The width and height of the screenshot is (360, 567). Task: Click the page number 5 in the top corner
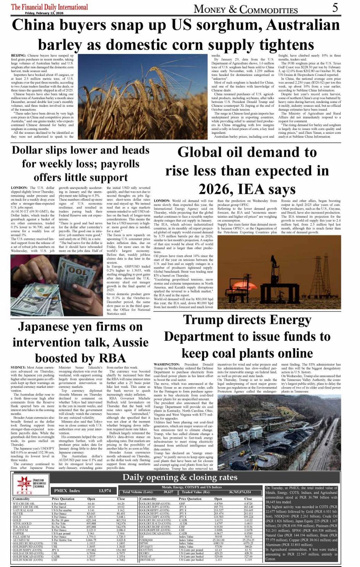coord(335,8)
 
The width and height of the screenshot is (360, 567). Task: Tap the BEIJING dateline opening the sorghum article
coord(18,56)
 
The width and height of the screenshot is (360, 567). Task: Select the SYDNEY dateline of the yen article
coord(18,367)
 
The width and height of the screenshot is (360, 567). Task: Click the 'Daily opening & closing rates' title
coord(180,477)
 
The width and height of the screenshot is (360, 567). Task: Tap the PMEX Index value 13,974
coord(105,491)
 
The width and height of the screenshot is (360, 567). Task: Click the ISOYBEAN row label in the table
coord(148,560)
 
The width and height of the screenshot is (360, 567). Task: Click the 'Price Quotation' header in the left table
coord(63,499)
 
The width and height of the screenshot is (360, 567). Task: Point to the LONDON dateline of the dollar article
coord(19,188)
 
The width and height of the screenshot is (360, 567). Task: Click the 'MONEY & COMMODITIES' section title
coord(246,9)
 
